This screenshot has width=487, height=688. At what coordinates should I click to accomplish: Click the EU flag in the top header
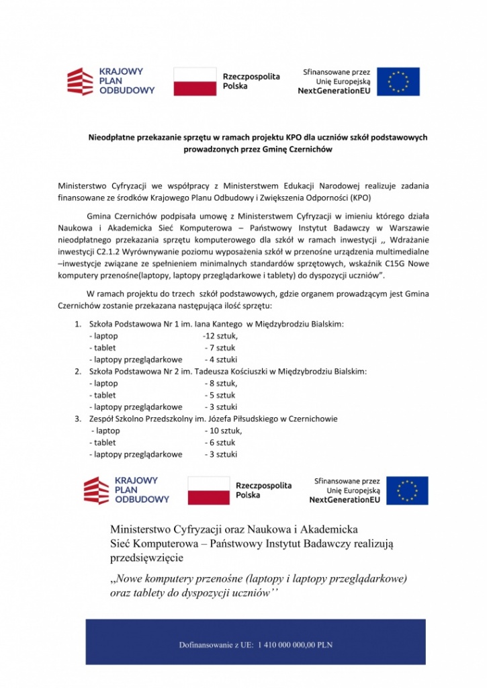[398, 81]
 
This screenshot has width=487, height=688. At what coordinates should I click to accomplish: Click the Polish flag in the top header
[195, 81]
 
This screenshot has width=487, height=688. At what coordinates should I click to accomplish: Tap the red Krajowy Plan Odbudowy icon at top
[79, 81]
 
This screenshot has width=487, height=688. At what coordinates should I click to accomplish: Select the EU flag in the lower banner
[407, 490]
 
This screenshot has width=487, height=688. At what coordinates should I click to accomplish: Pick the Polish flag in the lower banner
[208, 490]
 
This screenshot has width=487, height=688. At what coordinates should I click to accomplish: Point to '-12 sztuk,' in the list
[220, 336]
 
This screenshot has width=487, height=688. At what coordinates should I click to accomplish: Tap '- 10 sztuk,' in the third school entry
[224, 431]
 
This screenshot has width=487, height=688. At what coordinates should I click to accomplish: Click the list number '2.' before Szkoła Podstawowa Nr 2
[78, 372]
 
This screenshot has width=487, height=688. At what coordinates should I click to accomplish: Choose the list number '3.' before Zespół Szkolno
[78, 419]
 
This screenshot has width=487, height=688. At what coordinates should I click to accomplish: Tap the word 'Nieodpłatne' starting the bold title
[109, 138]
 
